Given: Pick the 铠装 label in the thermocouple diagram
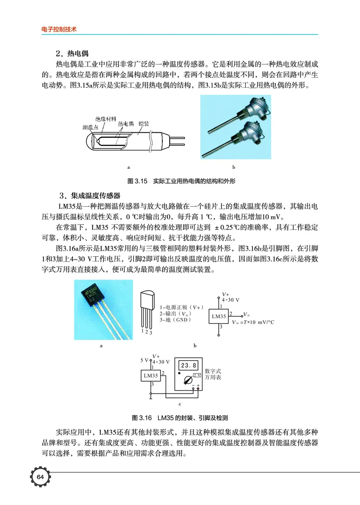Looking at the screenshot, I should tap(144, 123).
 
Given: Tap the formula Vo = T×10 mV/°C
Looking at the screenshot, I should tap(259, 322).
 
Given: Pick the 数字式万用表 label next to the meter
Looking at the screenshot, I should tap(213, 374).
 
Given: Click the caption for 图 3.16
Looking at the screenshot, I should tap(180, 417).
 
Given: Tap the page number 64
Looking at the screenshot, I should tap(40, 477).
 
